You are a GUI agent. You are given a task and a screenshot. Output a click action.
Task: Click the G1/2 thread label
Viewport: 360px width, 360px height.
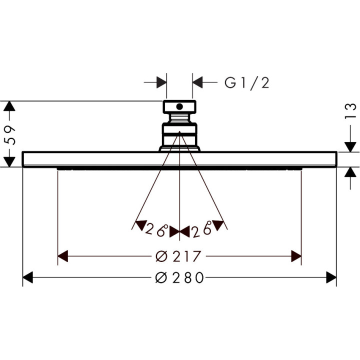coord(247,83)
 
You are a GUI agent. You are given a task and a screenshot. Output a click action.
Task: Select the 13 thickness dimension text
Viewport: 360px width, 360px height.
coord(350,111)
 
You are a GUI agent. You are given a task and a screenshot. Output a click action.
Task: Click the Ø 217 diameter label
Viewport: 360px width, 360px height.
coord(178,256)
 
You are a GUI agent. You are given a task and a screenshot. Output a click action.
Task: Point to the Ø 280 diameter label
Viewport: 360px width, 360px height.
coord(179,277)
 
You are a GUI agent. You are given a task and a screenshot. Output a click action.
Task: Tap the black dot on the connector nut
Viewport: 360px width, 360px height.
coord(179,107)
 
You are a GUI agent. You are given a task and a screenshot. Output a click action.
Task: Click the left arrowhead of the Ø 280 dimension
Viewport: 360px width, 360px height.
coord(28,277)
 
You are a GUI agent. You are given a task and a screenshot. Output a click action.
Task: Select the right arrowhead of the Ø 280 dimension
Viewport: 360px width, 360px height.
coord(331,277)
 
